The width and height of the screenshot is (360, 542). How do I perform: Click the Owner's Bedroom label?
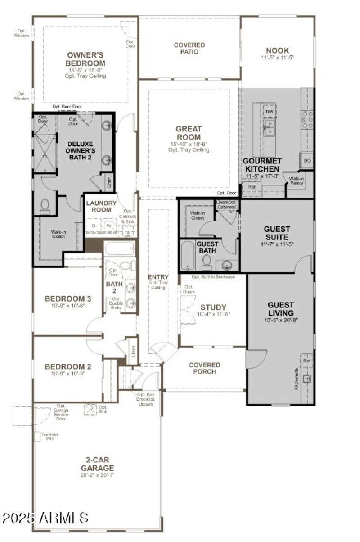(85, 59)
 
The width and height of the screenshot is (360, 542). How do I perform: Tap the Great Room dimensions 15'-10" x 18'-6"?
(189, 144)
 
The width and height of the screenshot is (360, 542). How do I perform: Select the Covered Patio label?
(189, 48)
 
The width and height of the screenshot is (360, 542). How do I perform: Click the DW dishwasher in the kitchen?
(270, 111)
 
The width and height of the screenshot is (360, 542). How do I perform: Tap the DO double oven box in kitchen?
(307, 161)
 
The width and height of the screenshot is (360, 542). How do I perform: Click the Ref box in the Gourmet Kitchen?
(252, 186)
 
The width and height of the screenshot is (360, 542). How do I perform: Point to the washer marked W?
(108, 225)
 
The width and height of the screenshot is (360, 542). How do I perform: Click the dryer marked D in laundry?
(94, 225)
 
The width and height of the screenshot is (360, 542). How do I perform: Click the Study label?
(213, 307)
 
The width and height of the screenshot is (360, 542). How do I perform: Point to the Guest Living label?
(280, 309)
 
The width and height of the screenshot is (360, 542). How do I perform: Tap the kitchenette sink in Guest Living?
(308, 379)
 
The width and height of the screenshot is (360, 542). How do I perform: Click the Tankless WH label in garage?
(49, 437)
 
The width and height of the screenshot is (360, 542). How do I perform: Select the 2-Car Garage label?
(97, 464)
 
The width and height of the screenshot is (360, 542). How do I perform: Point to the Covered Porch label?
(204, 368)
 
